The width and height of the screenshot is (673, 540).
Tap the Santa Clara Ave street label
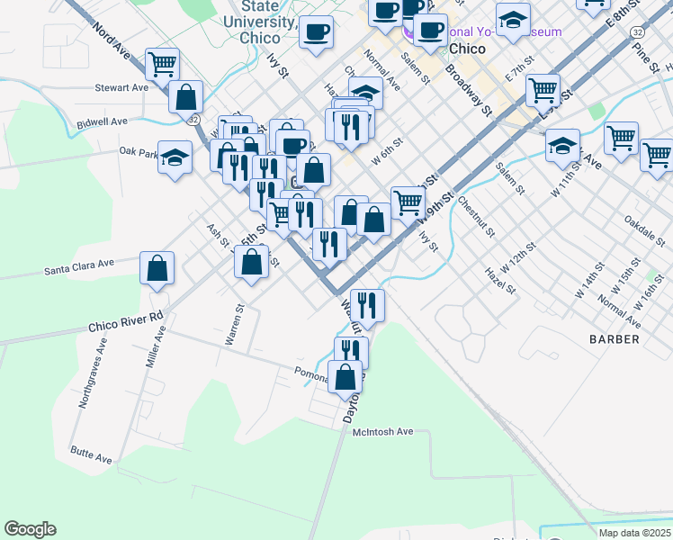tap(80, 264)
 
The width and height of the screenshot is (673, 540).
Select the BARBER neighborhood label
tap(615, 339)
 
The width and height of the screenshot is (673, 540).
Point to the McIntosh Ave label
tap(383, 432)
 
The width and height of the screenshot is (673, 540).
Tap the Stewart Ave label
tap(121, 88)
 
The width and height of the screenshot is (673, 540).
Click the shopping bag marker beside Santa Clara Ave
tap(157, 268)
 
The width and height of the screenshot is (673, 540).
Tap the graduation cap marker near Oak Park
tap(175, 157)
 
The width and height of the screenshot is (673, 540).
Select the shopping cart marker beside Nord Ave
tap(163, 63)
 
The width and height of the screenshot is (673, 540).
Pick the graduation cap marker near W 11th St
tap(563, 146)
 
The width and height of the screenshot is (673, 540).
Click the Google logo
tap(30, 529)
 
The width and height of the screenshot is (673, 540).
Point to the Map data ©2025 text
tap(634, 533)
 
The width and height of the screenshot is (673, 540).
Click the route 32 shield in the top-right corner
tap(637, 31)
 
